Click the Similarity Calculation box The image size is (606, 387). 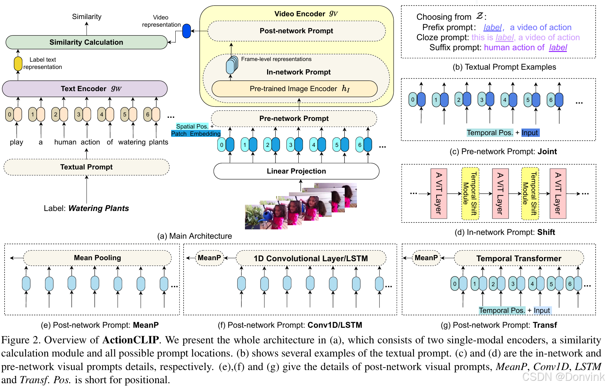(x=87, y=42)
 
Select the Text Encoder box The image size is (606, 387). (x=85, y=89)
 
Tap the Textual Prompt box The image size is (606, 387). (x=87, y=167)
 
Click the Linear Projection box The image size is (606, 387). (x=296, y=171)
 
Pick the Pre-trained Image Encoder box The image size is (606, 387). (x=295, y=89)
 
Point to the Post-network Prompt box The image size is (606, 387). (x=297, y=31)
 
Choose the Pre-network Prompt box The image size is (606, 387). (x=294, y=118)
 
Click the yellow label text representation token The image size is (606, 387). (x=18, y=64)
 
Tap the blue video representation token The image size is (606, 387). (x=186, y=31)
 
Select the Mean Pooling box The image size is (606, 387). (x=97, y=258)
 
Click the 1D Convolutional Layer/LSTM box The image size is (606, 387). (x=311, y=258)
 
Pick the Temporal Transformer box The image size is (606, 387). (x=519, y=258)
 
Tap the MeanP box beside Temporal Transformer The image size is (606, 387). (x=426, y=258)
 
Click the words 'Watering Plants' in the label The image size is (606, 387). (x=99, y=208)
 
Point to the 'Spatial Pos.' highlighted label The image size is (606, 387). (x=192, y=126)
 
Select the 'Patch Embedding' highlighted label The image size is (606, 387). (x=196, y=134)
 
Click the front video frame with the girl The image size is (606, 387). (x=266, y=217)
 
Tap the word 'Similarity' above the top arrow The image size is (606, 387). (x=87, y=17)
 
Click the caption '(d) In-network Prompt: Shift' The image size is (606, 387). (x=505, y=232)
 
